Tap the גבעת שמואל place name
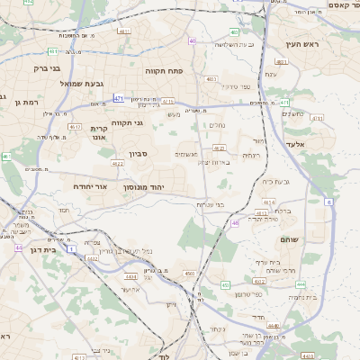(58, 84)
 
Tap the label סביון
(138, 154)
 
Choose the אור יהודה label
(90, 186)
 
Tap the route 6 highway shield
(328, 202)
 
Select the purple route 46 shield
(235, 222)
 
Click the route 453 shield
(226, 284)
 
